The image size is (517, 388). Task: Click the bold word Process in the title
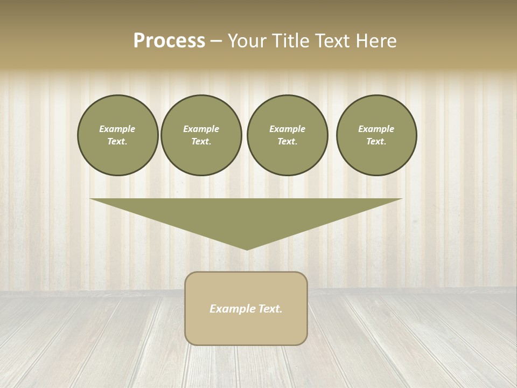tap(169, 41)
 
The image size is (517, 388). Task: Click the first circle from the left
tap(117, 135)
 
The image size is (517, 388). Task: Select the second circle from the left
tap(201, 135)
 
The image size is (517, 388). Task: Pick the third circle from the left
tap(287, 135)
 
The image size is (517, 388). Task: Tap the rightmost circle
tap(376, 135)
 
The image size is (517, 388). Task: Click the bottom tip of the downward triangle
tap(247, 248)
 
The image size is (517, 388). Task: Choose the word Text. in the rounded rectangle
tap(269, 309)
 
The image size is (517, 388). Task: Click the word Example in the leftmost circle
tap(117, 129)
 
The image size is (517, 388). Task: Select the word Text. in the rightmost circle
tap(376, 141)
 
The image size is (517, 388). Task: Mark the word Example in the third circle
tap(287, 129)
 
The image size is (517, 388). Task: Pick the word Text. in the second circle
tap(201, 141)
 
